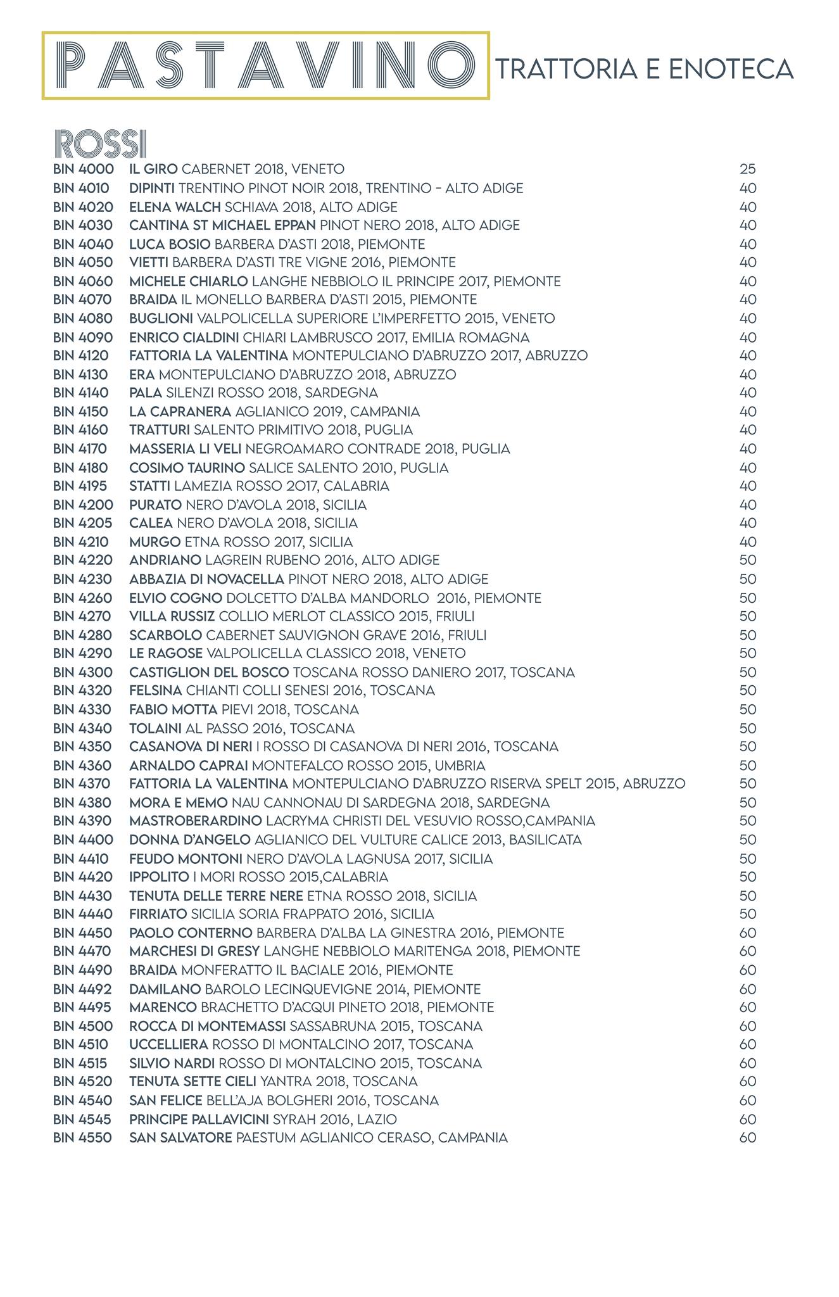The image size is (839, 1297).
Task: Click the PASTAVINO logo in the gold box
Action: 265,65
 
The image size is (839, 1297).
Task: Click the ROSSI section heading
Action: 101,144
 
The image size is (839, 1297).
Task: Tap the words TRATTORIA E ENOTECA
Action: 645,68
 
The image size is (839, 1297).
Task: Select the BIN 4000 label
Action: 84,169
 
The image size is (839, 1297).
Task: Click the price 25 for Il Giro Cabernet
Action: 748,169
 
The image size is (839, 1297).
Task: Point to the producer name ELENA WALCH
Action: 175,206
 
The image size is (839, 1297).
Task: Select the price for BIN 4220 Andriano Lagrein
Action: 748,560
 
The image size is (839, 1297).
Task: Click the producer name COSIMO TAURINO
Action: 187,467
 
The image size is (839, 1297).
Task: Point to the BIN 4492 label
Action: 83,989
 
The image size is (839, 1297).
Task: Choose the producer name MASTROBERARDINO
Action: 196,821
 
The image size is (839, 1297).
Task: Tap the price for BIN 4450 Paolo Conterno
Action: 748,933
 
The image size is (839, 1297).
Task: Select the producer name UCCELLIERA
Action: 168,1044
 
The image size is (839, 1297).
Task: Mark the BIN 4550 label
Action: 83,1137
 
